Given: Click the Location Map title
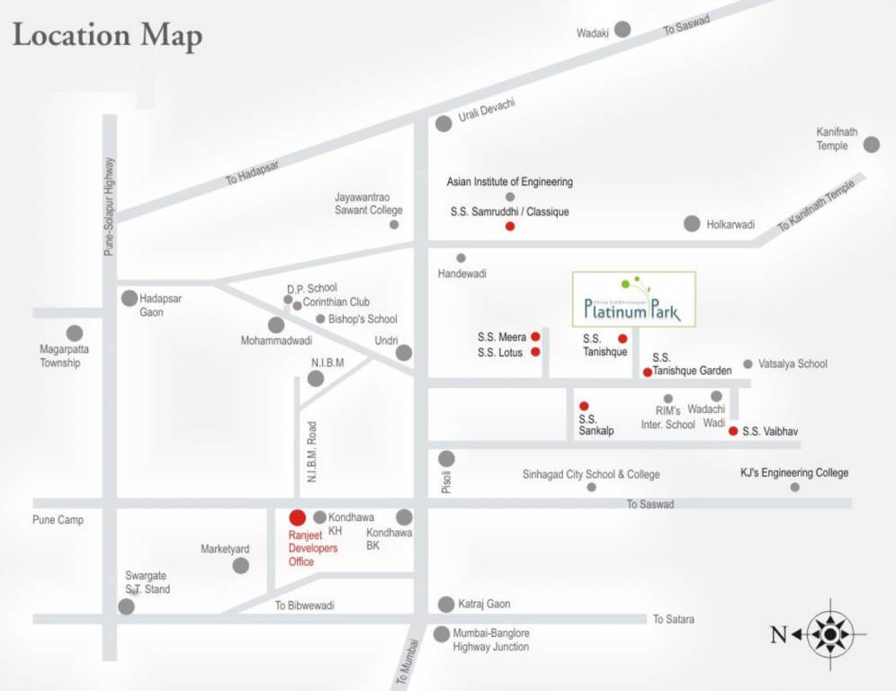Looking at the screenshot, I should pyautogui.click(x=107, y=36).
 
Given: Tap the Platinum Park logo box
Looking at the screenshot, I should pyautogui.click(x=634, y=299).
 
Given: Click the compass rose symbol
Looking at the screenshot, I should pyautogui.click(x=829, y=635).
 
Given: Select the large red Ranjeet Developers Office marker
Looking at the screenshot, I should pyautogui.click(x=297, y=517).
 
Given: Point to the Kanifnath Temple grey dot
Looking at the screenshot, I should pyautogui.click(x=871, y=144).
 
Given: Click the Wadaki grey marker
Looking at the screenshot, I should pyautogui.click(x=623, y=29).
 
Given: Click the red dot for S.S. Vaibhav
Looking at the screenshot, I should pyautogui.click(x=733, y=431).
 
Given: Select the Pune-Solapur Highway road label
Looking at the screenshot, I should pyautogui.click(x=109, y=207).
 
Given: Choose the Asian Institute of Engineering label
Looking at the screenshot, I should pyautogui.click(x=509, y=182).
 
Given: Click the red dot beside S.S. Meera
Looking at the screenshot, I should pyautogui.click(x=535, y=337).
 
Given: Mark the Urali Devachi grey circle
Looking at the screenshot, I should pyautogui.click(x=444, y=124).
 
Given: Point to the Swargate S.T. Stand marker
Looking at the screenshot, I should pyautogui.click(x=126, y=606).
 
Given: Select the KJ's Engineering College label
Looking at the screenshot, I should pyautogui.click(x=793, y=472).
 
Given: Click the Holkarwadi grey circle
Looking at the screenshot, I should pyautogui.click(x=691, y=223).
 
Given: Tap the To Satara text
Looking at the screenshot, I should pyautogui.click(x=673, y=619).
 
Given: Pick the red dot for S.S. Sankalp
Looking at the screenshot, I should pyautogui.click(x=583, y=406).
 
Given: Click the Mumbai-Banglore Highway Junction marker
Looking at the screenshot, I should pyautogui.click(x=441, y=634).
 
